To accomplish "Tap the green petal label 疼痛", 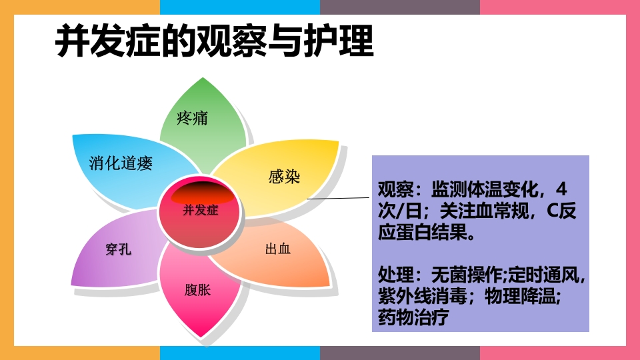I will [193, 119].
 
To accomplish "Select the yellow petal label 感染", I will [284, 177].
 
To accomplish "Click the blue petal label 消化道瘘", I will [121, 163].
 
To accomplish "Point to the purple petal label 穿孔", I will [118, 250].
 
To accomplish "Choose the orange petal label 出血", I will [278, 250].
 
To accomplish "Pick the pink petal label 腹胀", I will [197, 290].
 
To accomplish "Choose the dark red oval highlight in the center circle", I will [203, 194].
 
